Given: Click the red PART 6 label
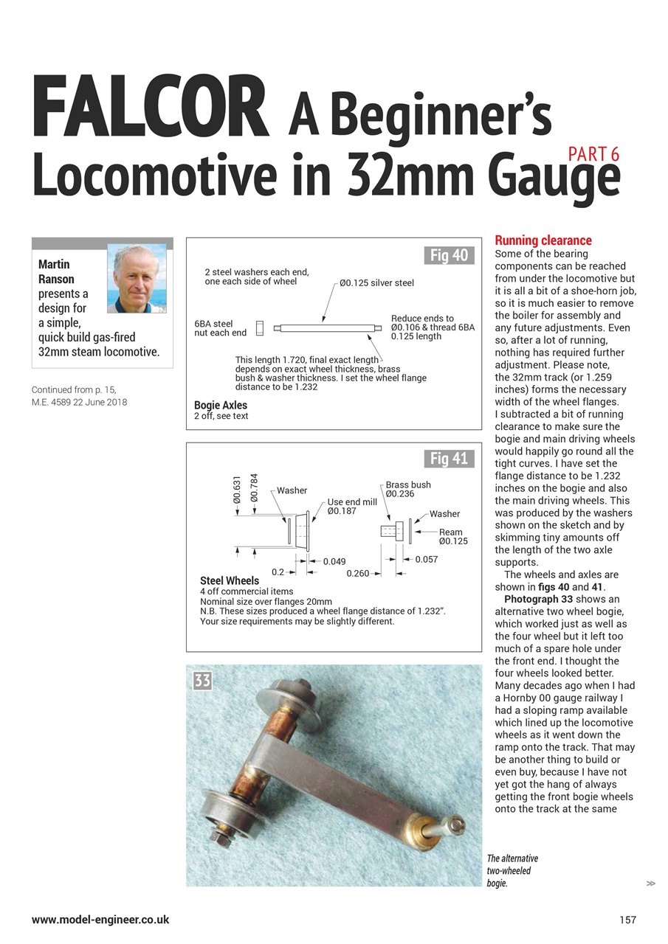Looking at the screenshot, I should pyautogui.click(x=593, y=154).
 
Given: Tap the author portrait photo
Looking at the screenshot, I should pyautogui.click(x=137, y=278).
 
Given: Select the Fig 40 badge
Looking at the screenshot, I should pyautogui.click(x=450, y=256).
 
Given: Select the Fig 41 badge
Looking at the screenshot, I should pyautogui.click(x=450, y=459).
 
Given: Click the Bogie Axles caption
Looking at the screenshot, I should pyautogui.click(x=221, y=405).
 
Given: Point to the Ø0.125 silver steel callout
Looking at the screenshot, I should pyautogui.click(x=376, y=282).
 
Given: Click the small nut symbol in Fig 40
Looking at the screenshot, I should pyautogui.click(x=260, y=327).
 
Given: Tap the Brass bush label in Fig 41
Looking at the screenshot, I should pyautogui.click(x=408, y=485).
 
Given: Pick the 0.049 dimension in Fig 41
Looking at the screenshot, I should pyautogui.click(x=334, y=562).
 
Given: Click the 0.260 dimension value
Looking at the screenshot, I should pyautogui.click(x=358, y=573).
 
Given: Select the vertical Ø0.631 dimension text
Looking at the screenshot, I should pyautogui.click(x=237, y=490).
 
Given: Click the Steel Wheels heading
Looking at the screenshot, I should pyautogui.click(x=230, y=580).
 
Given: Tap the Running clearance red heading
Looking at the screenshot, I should pyautogui.click(x=543, y=240).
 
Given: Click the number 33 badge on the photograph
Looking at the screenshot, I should pyautogui.click(x=202, y=680).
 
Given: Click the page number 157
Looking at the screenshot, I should pyautogui.click(x=627, y=920).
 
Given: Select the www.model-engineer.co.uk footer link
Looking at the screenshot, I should pyautogui.click(x=100, y=920).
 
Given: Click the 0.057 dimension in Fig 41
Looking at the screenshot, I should pyautogui.click(x=427, y=560).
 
